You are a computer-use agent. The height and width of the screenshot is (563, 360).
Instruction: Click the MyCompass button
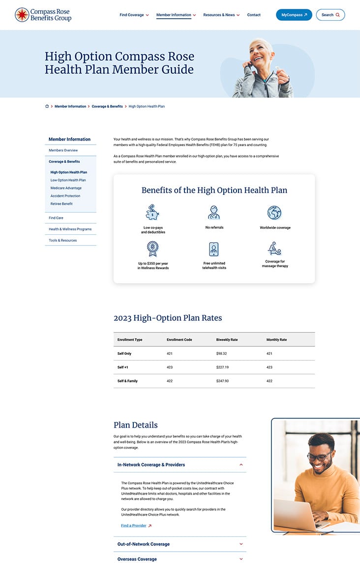pyautogui.click(x=294, y=15)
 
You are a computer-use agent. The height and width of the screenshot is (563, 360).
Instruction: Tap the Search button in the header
pyautogui.click(x=330, y=15)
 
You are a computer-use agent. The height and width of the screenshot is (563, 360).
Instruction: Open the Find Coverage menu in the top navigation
pyautogui.click(x=134, y=15)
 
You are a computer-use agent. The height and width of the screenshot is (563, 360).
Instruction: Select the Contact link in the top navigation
pyautogui.click(x=254, y=15)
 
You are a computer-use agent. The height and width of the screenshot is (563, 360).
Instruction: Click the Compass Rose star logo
pyautogui.click(x=22, y=15)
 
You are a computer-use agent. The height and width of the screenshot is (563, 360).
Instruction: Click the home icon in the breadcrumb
pyautogui.click(x=47, y=106)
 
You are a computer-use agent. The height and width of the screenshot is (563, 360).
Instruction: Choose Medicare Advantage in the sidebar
pyautogui.click(x=66, y=188)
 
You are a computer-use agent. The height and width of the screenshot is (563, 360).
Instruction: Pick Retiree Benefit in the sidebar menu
pyautogui.click(x=61, y=204)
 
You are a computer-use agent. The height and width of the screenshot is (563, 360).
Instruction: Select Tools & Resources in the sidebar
pyautogui.click(x=62, y=240)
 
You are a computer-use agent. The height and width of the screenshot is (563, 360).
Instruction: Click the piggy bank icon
pyautogui.click(x=152, y=213)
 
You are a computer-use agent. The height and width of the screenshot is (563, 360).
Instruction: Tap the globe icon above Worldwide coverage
pyautogui.click(x=274, y=213)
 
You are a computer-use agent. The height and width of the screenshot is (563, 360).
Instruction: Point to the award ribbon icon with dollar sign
pyautogui.click(x=152, y=249)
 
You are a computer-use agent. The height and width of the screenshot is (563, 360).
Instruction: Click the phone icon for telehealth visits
pyautogui.click(x=214, y=249)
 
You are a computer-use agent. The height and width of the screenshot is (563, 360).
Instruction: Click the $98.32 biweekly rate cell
pyautogui.click(x=222, y=353)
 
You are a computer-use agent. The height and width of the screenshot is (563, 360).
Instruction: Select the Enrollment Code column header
pyautogui.click(x=179, y=340)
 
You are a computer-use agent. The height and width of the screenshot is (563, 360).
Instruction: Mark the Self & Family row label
pyautogui.click(x=127, y=381)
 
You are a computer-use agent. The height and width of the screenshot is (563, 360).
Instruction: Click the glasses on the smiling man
pyautogui.click(x=320, y=456)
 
